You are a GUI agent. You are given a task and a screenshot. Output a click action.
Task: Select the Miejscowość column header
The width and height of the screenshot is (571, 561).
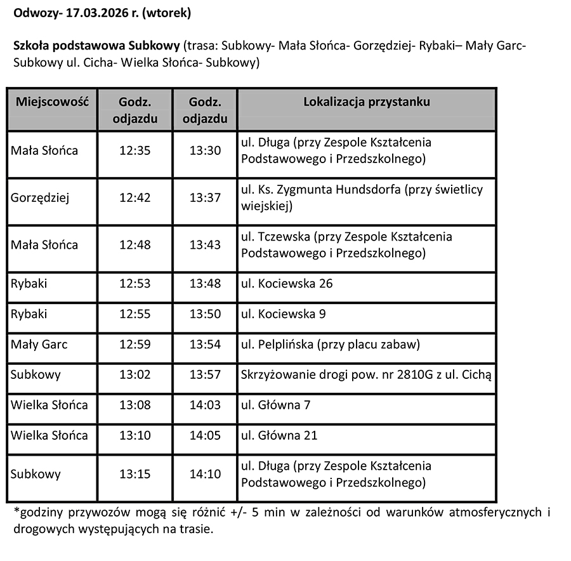52,102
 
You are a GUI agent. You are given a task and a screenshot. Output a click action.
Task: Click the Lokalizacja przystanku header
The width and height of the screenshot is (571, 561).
367,102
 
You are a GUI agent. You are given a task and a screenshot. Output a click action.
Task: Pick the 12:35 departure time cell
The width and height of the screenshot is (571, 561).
135,151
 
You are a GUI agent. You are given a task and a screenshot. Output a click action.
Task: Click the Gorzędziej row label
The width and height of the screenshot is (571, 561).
40,198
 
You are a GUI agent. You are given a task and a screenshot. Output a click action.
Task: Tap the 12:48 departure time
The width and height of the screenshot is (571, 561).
135,245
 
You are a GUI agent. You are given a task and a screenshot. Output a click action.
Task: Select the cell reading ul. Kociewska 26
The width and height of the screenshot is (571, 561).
287,284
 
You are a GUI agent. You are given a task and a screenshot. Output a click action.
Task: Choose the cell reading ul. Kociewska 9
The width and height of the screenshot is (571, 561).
284,314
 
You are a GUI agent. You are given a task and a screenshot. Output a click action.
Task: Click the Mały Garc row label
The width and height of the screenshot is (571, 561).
39,345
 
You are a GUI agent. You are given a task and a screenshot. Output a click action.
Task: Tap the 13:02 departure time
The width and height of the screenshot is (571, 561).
135,374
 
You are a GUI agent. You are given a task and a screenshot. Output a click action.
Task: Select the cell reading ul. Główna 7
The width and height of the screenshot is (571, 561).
276,405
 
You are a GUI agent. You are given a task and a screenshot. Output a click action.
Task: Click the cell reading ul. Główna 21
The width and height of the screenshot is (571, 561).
279,435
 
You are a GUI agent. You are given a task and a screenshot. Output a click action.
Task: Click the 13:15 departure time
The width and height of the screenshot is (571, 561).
135,474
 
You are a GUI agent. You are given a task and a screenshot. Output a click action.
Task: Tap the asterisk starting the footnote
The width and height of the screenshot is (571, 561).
15,511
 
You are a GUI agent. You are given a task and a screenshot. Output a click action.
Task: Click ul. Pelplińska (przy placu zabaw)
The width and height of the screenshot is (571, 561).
331,345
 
